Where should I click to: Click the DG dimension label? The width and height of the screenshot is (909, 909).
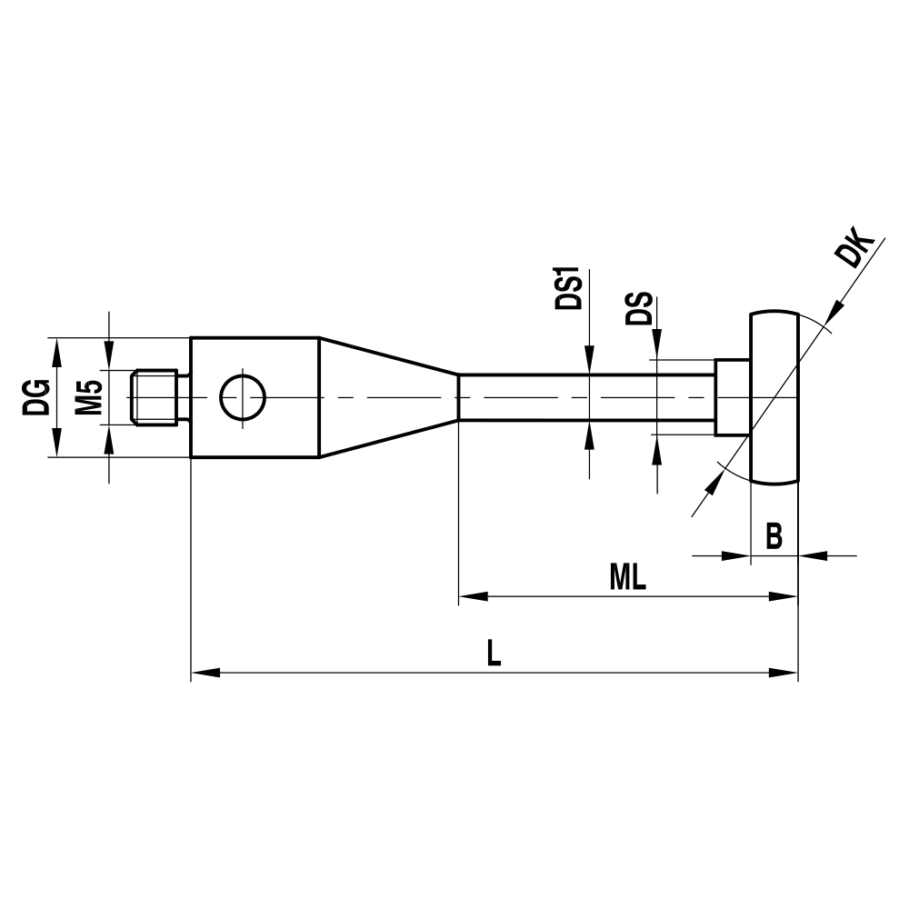pyautogui.click(x=36, y=397)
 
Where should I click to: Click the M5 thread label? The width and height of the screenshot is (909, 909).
pyautogui.click(x=88, y=397)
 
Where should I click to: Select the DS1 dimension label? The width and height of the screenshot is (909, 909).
pyautogui.click(x=570, y=289)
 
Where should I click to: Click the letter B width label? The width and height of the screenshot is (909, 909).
pyautogui.click(x=774, y=536)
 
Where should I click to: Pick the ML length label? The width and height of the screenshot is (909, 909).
pyautogui.click(x=627, y=577)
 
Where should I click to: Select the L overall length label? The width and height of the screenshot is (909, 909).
pyautogui.click(x=493, y=654)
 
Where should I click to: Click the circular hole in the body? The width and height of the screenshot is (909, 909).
pyautogui.click(x=242, y=397)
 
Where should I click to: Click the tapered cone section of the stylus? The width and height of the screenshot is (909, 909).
pyautogui.click(x=386, y=397)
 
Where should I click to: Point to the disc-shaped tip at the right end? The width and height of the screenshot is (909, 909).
pyautogui.click(x=774, y=397)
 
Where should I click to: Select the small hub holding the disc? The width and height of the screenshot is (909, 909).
pyautogui.click(x=732, y=397)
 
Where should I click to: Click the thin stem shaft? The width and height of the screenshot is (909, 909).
pyautogui.click(x=582, y=397)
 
